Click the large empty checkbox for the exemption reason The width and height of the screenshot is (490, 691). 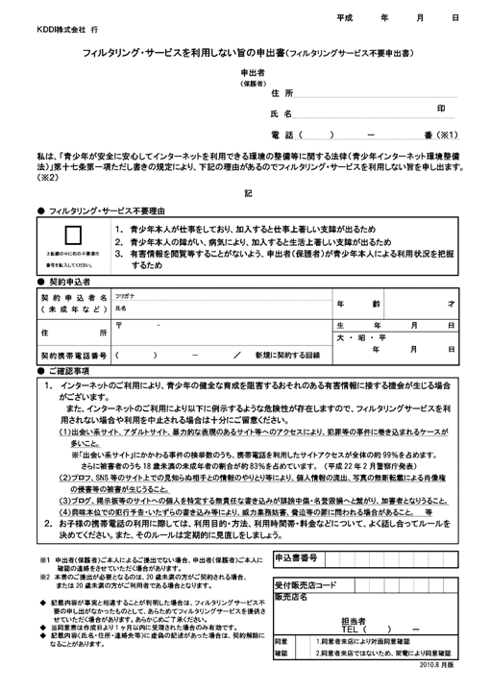click(x=71, y=241)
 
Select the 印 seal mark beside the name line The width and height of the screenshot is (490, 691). click(x=441, y=111)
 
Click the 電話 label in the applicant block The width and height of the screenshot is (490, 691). click(x=282, y=135)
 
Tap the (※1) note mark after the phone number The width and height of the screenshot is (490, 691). click(x=448, y=135)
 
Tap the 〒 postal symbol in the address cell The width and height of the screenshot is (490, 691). click(x=119, y=327)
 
